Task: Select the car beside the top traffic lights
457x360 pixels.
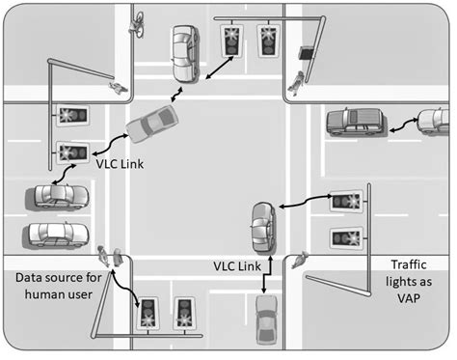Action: [183, 53]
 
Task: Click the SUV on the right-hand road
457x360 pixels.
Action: [356, 121]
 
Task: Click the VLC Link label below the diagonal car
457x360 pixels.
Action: [120, 164]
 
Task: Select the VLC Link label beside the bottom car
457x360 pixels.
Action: [236, 263]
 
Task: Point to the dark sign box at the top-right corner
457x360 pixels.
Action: [307, 53]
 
